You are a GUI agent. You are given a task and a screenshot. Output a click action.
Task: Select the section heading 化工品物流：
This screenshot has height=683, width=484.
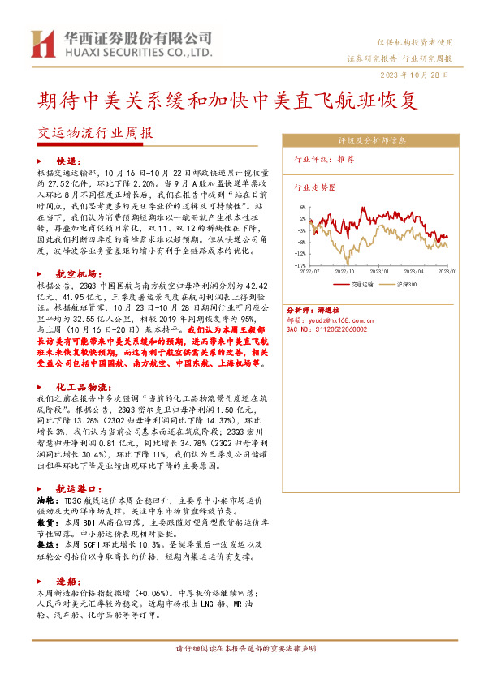pyautogui.click(x=83, y=389)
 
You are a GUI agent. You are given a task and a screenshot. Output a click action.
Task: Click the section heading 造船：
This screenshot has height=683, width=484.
pyautogui.click(x=67, y=582)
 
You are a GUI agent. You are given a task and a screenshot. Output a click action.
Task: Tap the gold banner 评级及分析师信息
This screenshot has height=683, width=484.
pyautogui.click(x=372, y=140)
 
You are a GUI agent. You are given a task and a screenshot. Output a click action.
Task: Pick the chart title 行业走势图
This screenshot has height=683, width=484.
pyautogui.click(x=314, y=187)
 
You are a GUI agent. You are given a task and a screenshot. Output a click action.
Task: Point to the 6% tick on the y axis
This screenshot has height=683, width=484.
pyautogui.click(x=302, y=208)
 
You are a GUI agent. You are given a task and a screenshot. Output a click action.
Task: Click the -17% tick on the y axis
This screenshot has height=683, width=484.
pyautogui.click(x=300, y=265)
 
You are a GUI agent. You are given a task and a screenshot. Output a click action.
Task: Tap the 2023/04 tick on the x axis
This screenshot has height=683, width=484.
pyautogui.click(x=417, y=273)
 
